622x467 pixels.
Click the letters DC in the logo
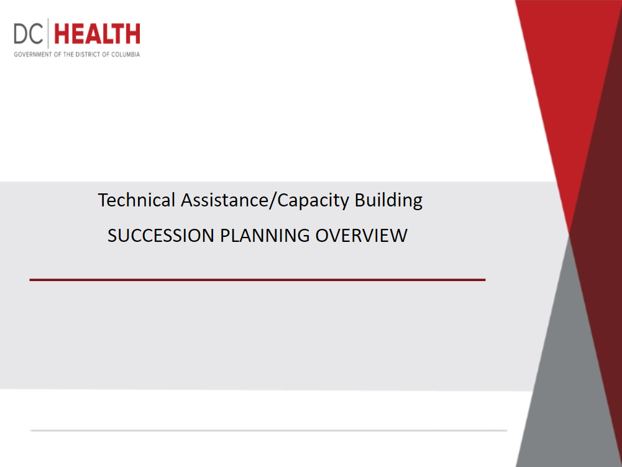point(28,34)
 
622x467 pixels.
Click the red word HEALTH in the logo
point(97,34)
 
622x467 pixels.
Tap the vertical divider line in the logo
point(48,34)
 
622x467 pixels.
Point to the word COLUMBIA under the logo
point(126,54)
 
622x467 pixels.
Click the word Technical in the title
point(137,200)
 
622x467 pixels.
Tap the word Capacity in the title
point(313,200)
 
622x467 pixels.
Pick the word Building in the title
point(388,200)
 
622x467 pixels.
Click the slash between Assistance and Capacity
point(273,200)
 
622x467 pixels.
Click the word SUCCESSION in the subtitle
point(161,236)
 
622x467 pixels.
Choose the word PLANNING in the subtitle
point(265,236)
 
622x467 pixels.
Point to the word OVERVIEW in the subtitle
point(362,236)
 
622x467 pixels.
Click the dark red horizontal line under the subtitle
point(257,280)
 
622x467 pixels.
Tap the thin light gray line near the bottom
point(269,430)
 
